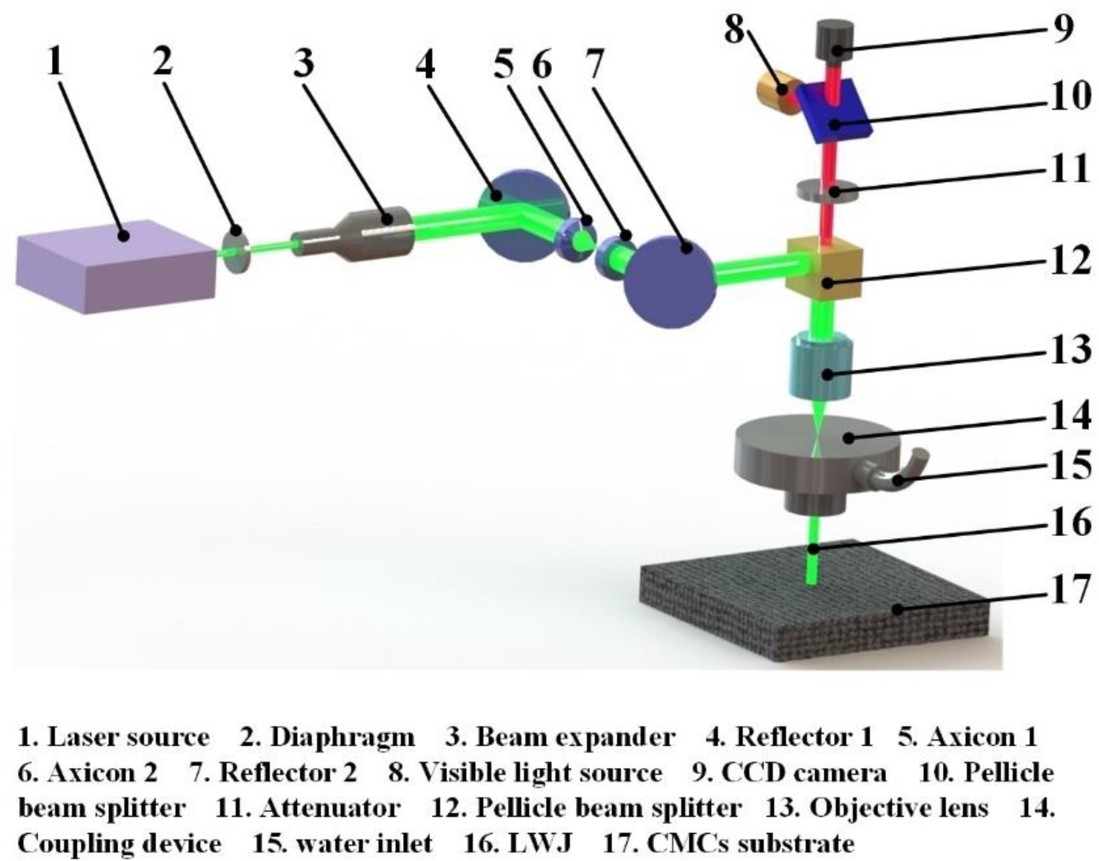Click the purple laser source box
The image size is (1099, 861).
[116, 267]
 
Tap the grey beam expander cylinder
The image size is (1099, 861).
[363, 236]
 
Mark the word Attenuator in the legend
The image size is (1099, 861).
[331, 808]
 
